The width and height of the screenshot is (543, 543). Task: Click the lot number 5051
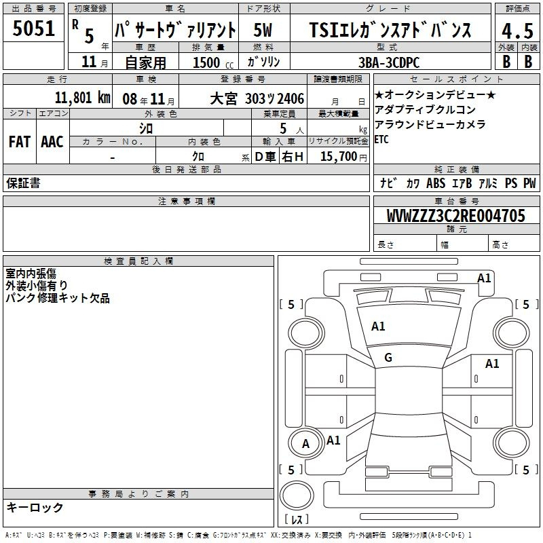tap(33, 28)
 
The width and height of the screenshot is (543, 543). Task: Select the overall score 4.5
tap(517, 31)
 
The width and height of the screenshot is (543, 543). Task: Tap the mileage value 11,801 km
tap(82, 98)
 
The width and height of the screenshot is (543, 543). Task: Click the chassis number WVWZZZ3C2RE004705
tap(455, 216)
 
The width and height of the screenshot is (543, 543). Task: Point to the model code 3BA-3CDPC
tap(389, 62)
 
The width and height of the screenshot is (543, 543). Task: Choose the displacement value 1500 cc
tap(213, 62)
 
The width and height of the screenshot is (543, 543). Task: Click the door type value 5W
tap(263, 30)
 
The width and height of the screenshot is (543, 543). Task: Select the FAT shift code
tap(20, 142)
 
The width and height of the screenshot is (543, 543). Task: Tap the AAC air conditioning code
tap(52, 142)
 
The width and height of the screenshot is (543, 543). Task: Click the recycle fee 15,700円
tap(343, 157)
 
